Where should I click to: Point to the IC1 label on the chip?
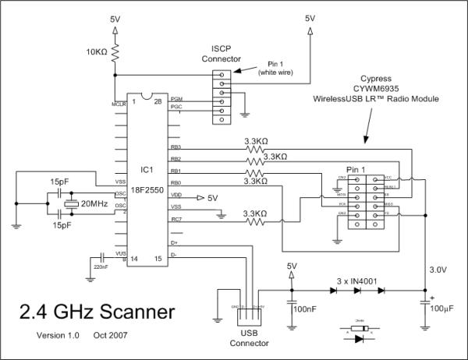pos(145,168)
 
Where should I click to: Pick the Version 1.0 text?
pos(55,336)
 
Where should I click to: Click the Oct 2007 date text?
pos(112,336)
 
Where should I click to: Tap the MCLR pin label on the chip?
pos(119,102)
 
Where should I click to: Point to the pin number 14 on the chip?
pos(134,258)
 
